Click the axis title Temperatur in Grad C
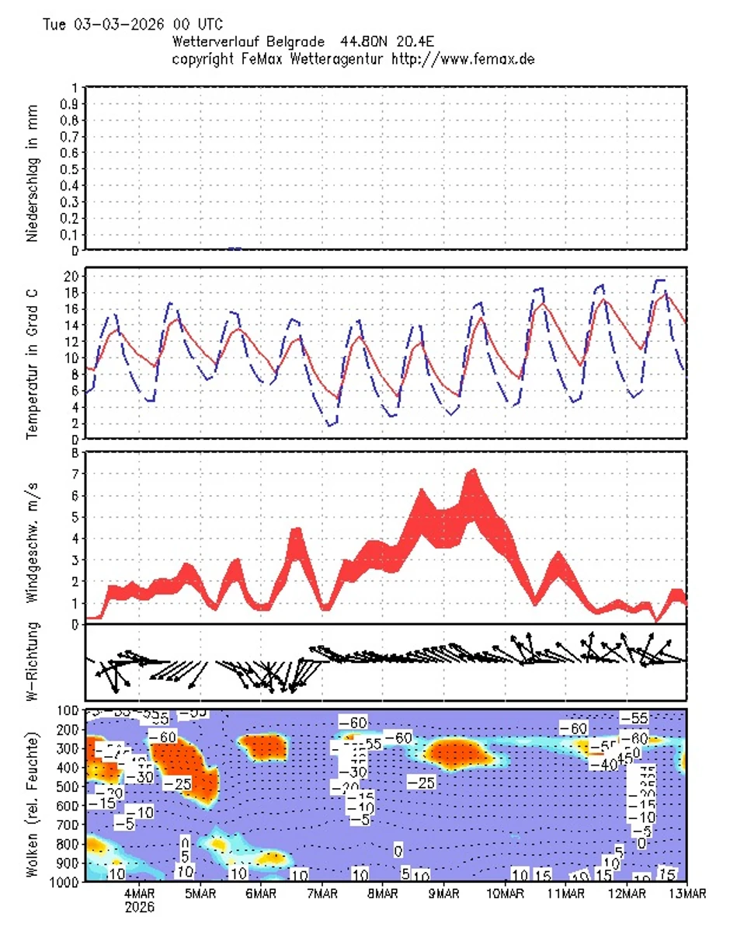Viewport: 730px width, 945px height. click(32, 354)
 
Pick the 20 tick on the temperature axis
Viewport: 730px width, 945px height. click(70, 277)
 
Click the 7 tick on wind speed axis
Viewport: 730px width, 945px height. click(75, 473)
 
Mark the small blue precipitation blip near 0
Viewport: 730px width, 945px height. click(235, 249)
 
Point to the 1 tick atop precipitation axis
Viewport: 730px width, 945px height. click(75, 88)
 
